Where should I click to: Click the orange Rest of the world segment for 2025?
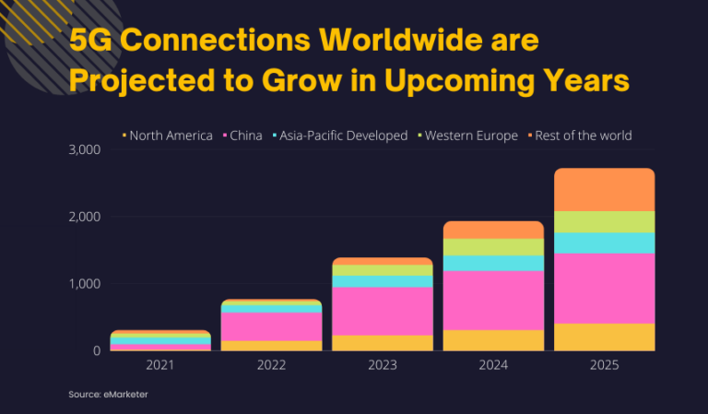point(604,189)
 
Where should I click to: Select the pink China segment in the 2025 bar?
point(604,288)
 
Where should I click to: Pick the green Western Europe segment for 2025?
point(604,221)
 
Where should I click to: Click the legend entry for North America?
point(170,136)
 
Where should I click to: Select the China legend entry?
point(242,136)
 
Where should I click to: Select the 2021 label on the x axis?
point(160,365)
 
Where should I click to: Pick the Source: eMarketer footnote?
point(106,395)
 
